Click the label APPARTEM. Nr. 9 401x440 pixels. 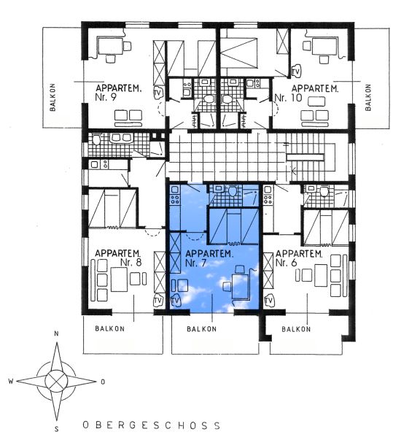click(x=118, y=93)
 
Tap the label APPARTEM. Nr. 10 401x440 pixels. click(x=306, y=93)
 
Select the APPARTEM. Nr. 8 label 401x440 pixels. click(x=118, y=258)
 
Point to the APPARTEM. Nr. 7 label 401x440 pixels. click(x=209, y=258)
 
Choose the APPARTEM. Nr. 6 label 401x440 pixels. click(x=299, y=258)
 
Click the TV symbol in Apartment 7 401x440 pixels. click(x=176, y=301)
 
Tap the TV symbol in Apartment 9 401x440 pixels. click(x=158, y=93)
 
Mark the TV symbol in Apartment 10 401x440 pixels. click(x=296, y=72)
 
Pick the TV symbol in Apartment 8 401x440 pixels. click(x=158, y=301)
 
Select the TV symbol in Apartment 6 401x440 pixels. click(x=269, y=301)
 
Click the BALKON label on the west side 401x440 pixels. click(x=52, y=97)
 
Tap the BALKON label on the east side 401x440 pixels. click(x=368, y=97)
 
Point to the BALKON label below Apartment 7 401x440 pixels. click(x=202, y=329)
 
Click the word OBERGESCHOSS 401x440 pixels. click(x=152, y=425)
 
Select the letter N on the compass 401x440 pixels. click(x=57, y=333)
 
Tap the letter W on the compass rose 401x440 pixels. click(x=11, y=381)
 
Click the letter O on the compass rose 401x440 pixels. click(x=103, y=382)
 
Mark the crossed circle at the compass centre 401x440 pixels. click(x=57, y=381)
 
